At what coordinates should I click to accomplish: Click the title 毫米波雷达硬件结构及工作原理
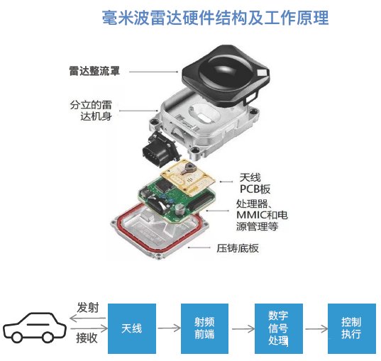coord(215,18)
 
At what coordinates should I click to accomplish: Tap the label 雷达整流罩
coord(94,71)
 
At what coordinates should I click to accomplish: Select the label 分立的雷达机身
coord(91,111)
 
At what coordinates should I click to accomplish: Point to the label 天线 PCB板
coord(255,184)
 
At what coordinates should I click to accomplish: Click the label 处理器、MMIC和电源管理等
coord(262,215)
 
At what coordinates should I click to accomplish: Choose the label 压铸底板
coord(238,248)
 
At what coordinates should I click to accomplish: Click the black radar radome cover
coord(226,76)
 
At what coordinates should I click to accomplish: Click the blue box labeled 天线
coord(132,328)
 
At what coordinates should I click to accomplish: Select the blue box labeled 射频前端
coord(204,328)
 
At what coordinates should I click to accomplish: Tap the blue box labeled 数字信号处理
coord(278,328)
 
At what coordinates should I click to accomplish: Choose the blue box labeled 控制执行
coord(352,328)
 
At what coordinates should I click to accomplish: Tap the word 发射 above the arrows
coord(88,308)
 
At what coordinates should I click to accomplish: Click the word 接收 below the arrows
coord(87,338)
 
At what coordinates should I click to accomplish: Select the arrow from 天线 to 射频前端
coord(169,328)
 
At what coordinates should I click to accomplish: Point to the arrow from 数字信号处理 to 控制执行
coord(316,329)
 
